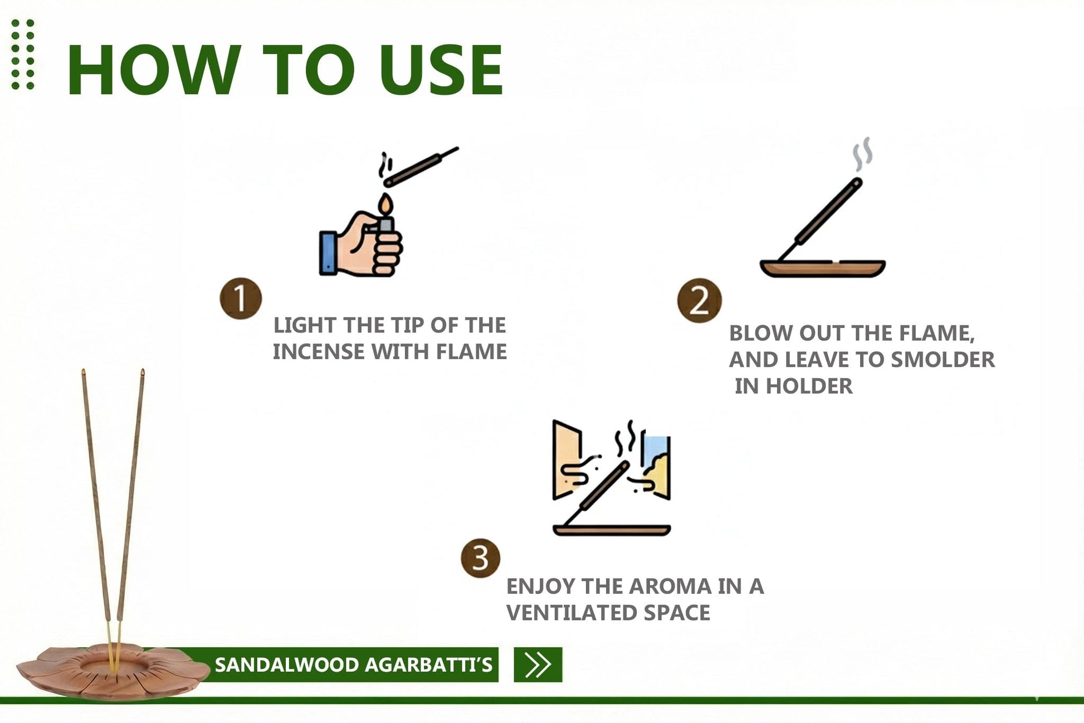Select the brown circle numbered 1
click(241, 299)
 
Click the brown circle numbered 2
click(699, 300)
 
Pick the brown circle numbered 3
click(480, 558)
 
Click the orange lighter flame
click(385, 205)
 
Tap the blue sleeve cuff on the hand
click(328, 253)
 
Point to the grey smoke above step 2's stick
click(862, 154)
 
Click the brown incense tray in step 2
click(823, 268)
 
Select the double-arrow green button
click(538, 664)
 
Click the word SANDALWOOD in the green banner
click(287, 664)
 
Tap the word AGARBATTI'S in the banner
click(429, 664)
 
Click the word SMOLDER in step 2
click(943, 360)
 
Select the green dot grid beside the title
click(23, 54)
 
